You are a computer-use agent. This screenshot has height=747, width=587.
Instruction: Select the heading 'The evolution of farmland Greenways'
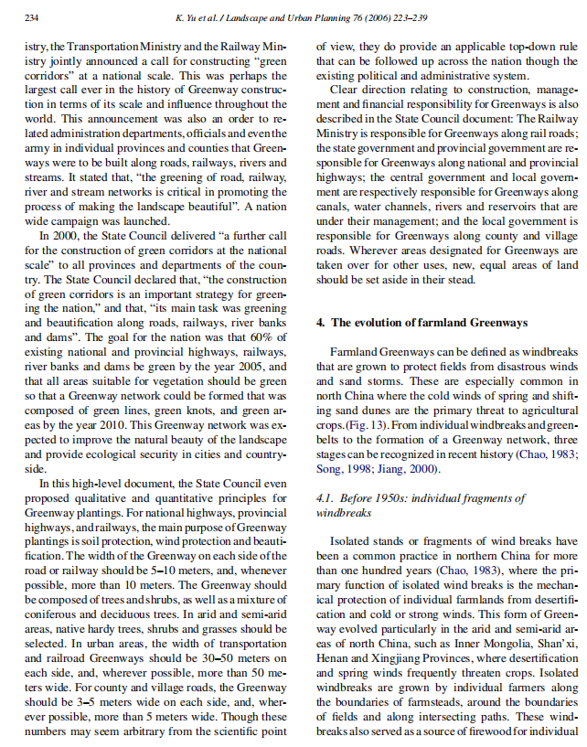point(428,323)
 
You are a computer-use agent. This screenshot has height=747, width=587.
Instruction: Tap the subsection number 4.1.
point(325,498)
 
